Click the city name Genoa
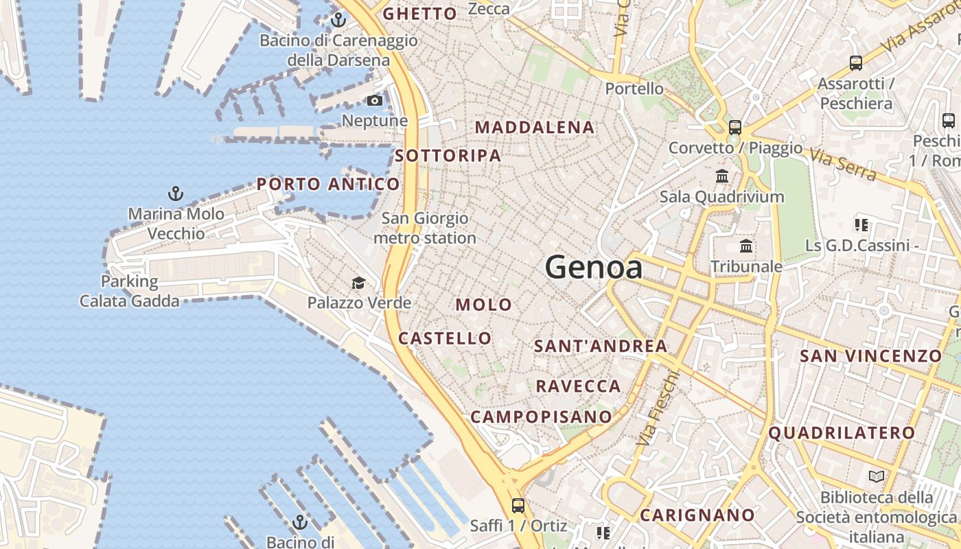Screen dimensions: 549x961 pyautogui.click(x=594, y=268)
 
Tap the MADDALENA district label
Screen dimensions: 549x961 pyautogui.click(x=535, y=128)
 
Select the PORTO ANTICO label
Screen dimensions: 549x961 pyautogui.click(x=328, y=184)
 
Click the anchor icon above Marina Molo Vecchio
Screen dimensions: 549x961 pyautogui.click(x=176, y=194)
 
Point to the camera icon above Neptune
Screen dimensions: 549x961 pyautogui.click(x=374, y=101)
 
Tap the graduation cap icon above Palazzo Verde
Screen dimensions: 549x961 pyautogui.click(x=358, y=283)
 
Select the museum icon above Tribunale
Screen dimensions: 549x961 pyautogui.click(x=746, y=246)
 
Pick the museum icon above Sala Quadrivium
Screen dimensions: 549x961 pyautogui.click(x=722, y=176)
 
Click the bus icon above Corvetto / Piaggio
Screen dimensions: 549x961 pyautogui.click(x=735, y=127)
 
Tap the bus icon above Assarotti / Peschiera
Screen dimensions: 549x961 pyautogui.click(x=856, y=63)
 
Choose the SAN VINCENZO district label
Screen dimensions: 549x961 pyautogui.click(x=870, y=356)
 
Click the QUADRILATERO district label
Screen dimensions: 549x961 pyautogui.click(x=842, y=433)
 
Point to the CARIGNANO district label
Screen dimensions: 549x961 pyautogui.click(x=697, y=515)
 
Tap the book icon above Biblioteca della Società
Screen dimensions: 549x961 pyautogui.click(x=876, y=476)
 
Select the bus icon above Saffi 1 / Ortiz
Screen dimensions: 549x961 pyautogui.click(x=518, y=506)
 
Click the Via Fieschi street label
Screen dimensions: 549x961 pyautogui.click(x=658, y=408)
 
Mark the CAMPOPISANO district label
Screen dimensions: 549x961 pyautogui.click(x=541, y=417)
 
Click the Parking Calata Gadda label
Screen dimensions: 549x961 pyautogui.click(x=130, y=291)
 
